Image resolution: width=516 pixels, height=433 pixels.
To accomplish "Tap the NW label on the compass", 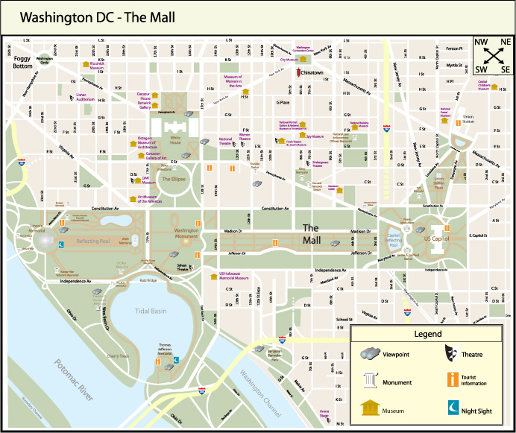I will click(481, 42).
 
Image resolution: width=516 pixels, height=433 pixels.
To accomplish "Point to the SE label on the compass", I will click(506, 69).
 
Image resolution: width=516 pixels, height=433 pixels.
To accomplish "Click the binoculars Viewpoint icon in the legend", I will click(371, 354).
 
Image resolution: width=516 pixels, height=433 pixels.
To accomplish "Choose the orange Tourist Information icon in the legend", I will click(452, 380).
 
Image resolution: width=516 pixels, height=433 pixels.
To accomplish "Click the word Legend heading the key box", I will click(428, 334).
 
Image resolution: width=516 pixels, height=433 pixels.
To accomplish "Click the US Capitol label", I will click(438, 238).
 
